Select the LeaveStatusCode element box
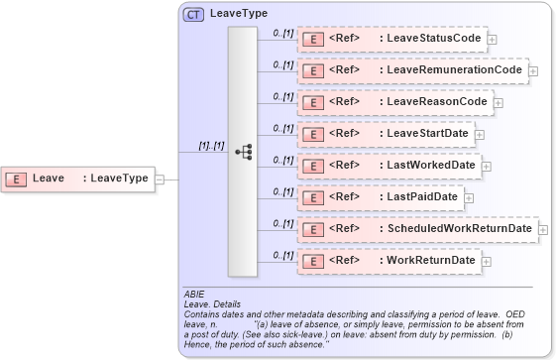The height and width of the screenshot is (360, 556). click(x=390, y=39)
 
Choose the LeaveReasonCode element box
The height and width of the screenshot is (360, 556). click(x=393, y=102)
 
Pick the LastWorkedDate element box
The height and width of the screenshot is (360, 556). click(x=389, y=166)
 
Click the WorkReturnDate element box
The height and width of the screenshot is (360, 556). click(x=389, y=261)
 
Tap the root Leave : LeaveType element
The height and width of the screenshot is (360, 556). click(x=78, y=179)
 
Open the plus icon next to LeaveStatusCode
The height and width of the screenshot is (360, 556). click(x=492, y=40)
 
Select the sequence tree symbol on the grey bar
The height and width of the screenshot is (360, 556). click(x=243, y=152)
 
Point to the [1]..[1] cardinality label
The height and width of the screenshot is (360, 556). click(x=211, y=146)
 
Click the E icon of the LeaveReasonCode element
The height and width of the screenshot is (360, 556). click(x=312, y=102)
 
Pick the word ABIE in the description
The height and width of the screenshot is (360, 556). click(x=194, y=295)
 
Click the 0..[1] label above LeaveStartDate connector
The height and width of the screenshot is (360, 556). click(x=282, y=128)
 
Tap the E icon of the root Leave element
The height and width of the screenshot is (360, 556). click(x=17, y=179)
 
